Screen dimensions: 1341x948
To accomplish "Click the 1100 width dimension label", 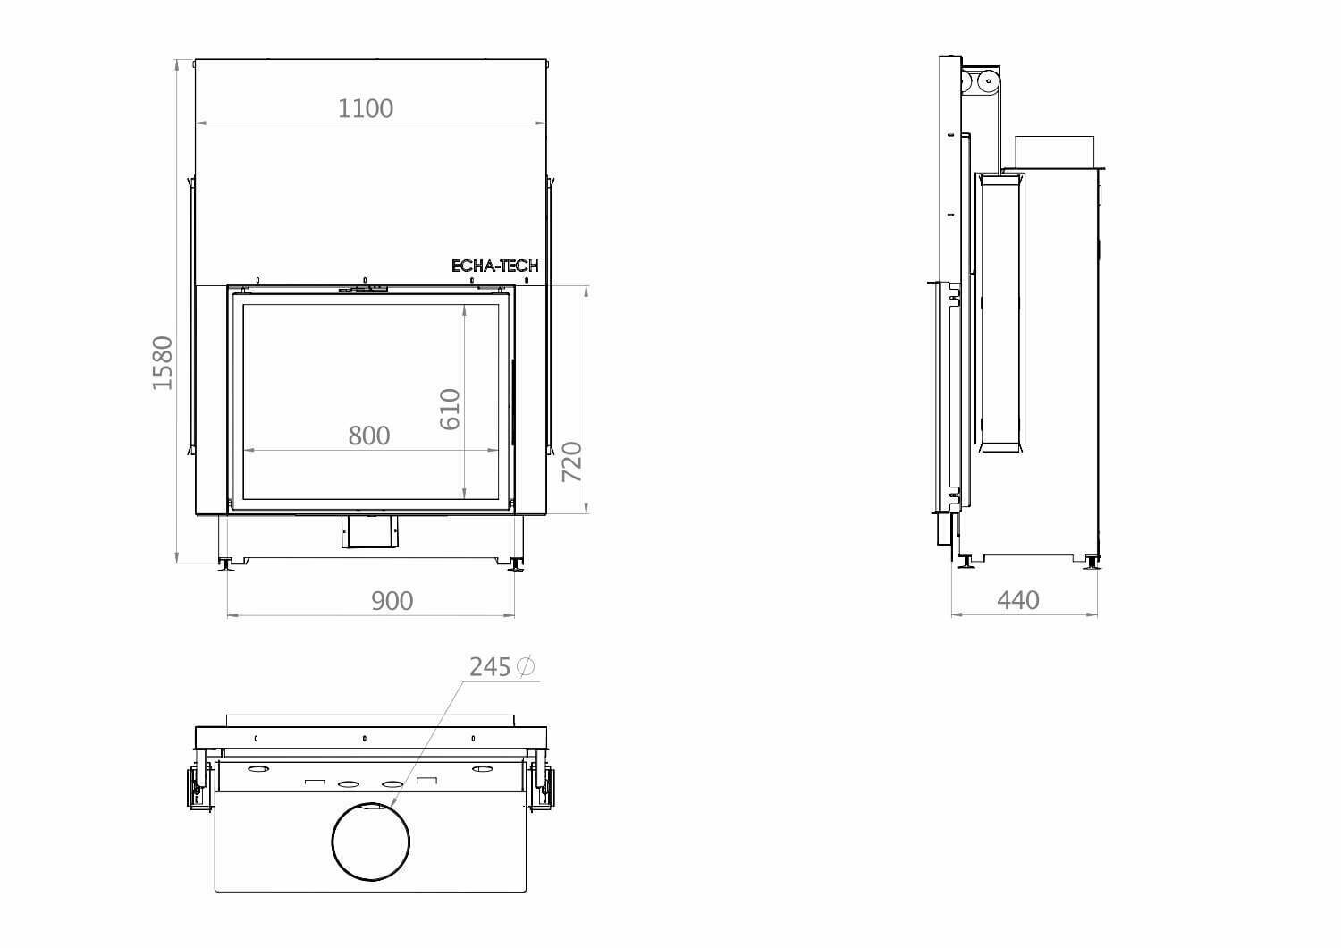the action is pyautogui.click(x=365, y=108).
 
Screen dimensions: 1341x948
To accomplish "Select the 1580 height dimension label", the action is pyautogui.click(x=163, y=363).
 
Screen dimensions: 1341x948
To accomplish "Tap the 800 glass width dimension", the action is pyautogui.click(x=368, y=436).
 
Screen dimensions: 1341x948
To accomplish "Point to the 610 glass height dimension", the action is pyautogui.click(x=450, y=409).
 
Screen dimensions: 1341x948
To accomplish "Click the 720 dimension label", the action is pyautogui.click(x=572, y=461).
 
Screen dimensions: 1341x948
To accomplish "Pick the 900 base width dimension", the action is pyautogui.click(x=392, y=601).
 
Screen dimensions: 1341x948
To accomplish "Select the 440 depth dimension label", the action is pyautogui.click(x=1017, y=600).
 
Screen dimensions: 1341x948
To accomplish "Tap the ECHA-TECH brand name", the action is pyautogui.click(x=494, y=266).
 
